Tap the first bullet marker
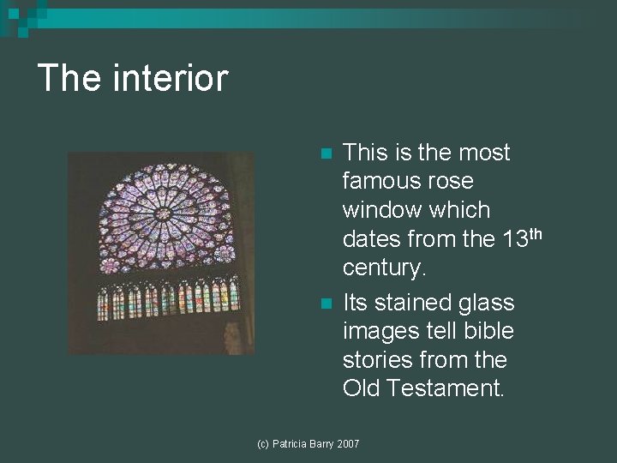click(325, 154)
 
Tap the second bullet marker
click(325, 304)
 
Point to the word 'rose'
click(454, 181)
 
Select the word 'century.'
click(384, 268)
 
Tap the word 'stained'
click(416, 303)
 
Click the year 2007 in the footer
click(348, 443)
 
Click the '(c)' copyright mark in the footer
click(265, 443)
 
